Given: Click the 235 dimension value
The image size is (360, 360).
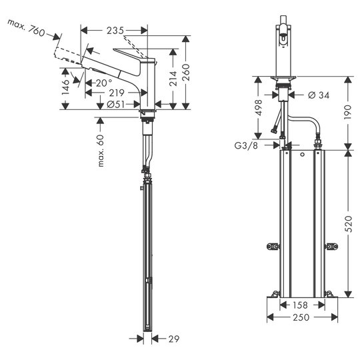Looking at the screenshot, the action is pos(115,31).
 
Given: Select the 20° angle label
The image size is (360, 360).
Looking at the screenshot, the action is pos(104,83).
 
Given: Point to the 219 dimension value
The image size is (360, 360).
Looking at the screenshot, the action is pos(117,93).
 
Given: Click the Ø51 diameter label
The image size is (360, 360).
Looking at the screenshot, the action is pos(116,105).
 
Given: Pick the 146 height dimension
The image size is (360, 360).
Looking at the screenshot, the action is pos(65,87).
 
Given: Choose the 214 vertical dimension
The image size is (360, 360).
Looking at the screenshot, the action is pos(173,79).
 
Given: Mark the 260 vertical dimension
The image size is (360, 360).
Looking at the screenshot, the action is pos(186,72).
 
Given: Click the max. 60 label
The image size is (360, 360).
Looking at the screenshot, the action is pos(101,151).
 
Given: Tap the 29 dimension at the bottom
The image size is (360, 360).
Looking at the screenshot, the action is pos(174,339).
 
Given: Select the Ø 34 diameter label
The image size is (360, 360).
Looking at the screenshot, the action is pos(319,95).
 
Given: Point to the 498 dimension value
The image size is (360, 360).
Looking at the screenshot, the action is pos(259,108).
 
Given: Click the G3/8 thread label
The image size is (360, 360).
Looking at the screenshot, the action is pos(246,145).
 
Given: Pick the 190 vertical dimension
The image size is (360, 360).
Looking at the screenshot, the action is pos(348,112).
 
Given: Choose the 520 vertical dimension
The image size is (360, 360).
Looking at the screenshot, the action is pos(348,224).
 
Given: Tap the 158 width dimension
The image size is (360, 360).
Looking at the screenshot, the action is pos(300,305).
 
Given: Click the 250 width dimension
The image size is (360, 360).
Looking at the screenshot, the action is pos(301,317).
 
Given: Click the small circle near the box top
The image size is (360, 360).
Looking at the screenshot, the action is pos(303,155).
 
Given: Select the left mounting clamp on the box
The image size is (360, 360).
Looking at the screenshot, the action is pos(273,247).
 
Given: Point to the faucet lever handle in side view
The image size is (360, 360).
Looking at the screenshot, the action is pos(133,55).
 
